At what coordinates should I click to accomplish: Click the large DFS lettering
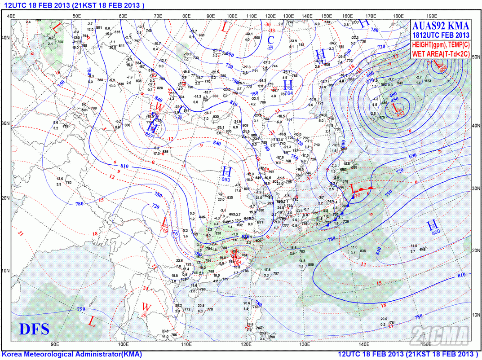34,330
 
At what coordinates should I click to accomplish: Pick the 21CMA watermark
440,335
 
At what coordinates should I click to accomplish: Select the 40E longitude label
11,16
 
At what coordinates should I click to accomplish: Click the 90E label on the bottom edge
55,345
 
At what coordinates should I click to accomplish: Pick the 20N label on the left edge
6,197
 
